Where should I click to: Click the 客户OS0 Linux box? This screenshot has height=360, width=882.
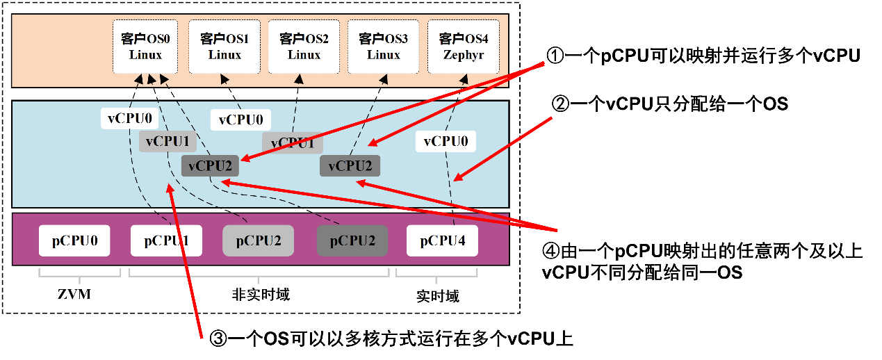145,47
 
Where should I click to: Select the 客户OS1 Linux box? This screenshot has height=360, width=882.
224,47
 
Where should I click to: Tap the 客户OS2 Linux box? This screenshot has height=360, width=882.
304,47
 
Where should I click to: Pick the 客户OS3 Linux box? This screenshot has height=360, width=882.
384,47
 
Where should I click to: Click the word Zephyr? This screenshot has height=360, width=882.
463,55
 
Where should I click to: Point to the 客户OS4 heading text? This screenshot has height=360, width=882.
464,39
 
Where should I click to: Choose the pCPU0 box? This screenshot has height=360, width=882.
74,241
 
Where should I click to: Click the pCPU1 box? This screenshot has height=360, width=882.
166,241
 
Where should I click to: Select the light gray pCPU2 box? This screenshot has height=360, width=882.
258,241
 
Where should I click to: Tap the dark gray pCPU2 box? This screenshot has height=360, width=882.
352,241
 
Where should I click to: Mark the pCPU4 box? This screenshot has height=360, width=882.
442,241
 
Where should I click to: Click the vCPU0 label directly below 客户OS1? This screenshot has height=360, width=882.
240,120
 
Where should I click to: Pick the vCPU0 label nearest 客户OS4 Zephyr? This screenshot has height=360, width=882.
446,142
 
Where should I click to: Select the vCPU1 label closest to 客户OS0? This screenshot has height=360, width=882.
168,142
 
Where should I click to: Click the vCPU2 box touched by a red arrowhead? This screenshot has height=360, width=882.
210,166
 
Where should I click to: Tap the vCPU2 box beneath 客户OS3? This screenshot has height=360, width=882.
350,166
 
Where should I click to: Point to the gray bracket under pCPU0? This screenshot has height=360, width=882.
79,276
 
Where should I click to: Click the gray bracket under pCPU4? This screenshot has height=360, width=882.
436,276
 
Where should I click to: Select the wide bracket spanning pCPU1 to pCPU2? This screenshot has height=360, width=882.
259,276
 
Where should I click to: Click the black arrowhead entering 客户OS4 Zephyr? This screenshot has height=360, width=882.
464,79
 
